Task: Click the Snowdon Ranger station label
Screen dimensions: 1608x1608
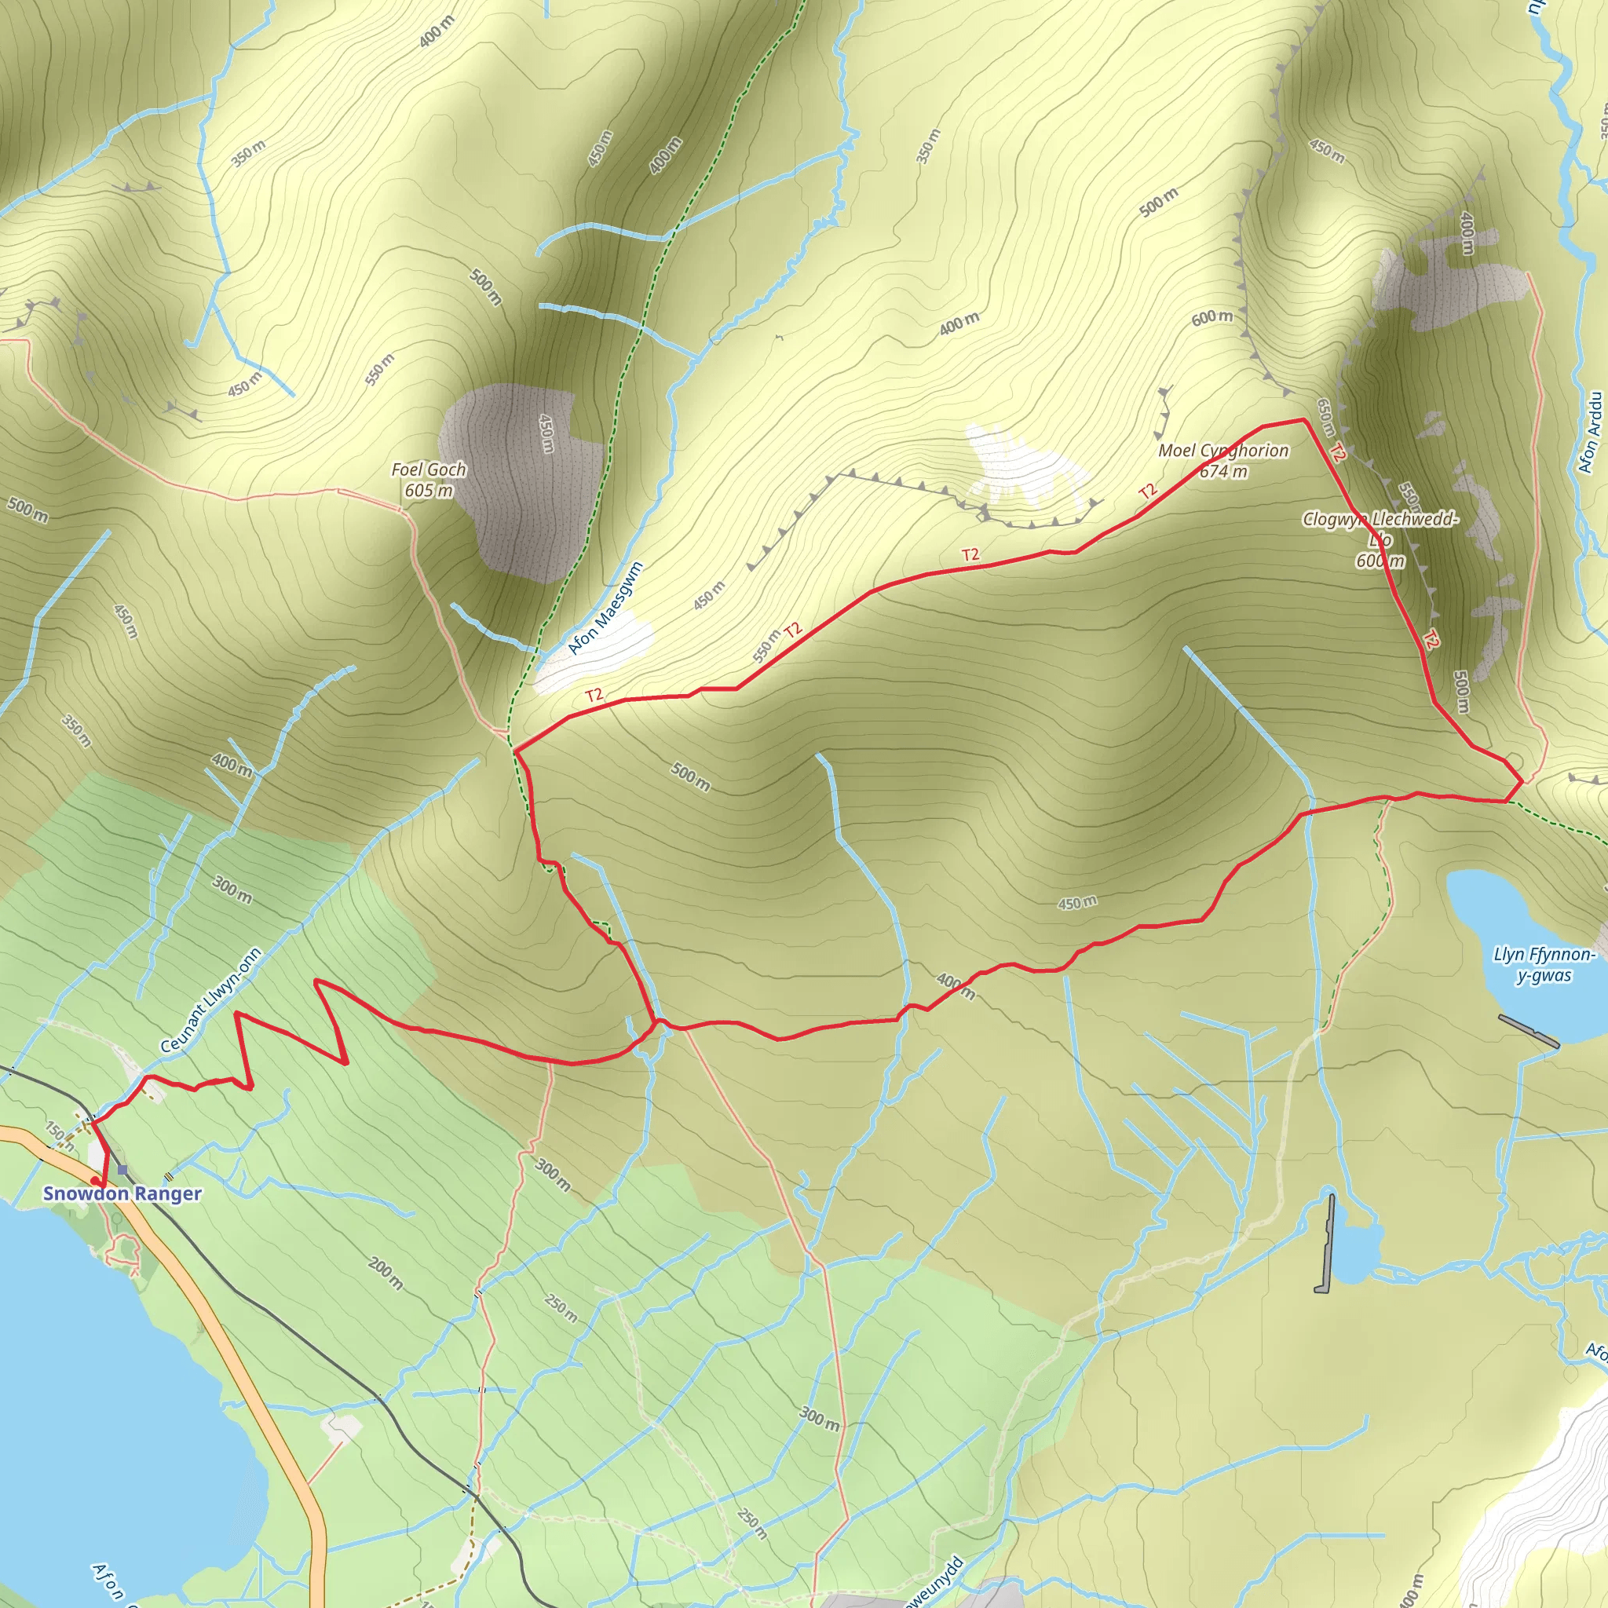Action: pos(122,1193)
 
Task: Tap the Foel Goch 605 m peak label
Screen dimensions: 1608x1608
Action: pos(429,481)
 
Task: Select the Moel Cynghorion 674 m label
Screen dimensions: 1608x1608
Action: pos(1223,460)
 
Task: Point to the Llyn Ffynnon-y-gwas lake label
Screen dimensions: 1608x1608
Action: pos(1544,965)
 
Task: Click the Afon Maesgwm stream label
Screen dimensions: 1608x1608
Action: pos(605,608)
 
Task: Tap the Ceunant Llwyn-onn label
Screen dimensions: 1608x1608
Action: pos(210,1000)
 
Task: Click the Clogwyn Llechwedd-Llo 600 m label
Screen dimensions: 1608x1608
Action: pos(1380,539)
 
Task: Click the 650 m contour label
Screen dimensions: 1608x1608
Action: pos(1326,417)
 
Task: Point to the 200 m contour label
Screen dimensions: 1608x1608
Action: pos(386,1273)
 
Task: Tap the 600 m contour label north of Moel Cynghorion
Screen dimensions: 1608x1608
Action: pos(1211,318)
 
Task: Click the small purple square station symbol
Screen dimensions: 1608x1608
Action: pos(122,1169)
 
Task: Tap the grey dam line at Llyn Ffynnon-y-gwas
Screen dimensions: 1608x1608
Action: pos(1528,1030)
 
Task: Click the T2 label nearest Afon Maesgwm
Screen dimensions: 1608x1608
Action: pos(594,695)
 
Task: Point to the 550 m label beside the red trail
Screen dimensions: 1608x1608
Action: pos(766,646)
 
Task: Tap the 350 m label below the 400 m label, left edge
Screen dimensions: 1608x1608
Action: pos(77,730)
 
